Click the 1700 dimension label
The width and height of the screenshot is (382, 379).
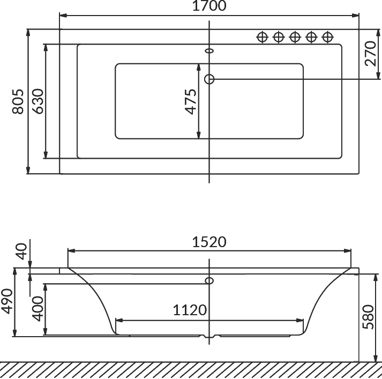(x=209, y=6)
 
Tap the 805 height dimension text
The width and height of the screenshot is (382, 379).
(x=18, y=101)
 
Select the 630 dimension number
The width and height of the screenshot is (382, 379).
(x=38, y=101)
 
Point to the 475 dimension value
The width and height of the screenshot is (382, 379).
(x=191, y=101)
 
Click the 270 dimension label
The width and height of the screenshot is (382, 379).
(x=371, y=54)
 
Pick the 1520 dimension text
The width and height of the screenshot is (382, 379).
(x=209, y=242)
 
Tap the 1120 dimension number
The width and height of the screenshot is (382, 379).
(x=190, y=310)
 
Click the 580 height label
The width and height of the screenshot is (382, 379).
(x=368, y=317)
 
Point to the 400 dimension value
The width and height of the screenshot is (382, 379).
(x=38, y=309)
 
